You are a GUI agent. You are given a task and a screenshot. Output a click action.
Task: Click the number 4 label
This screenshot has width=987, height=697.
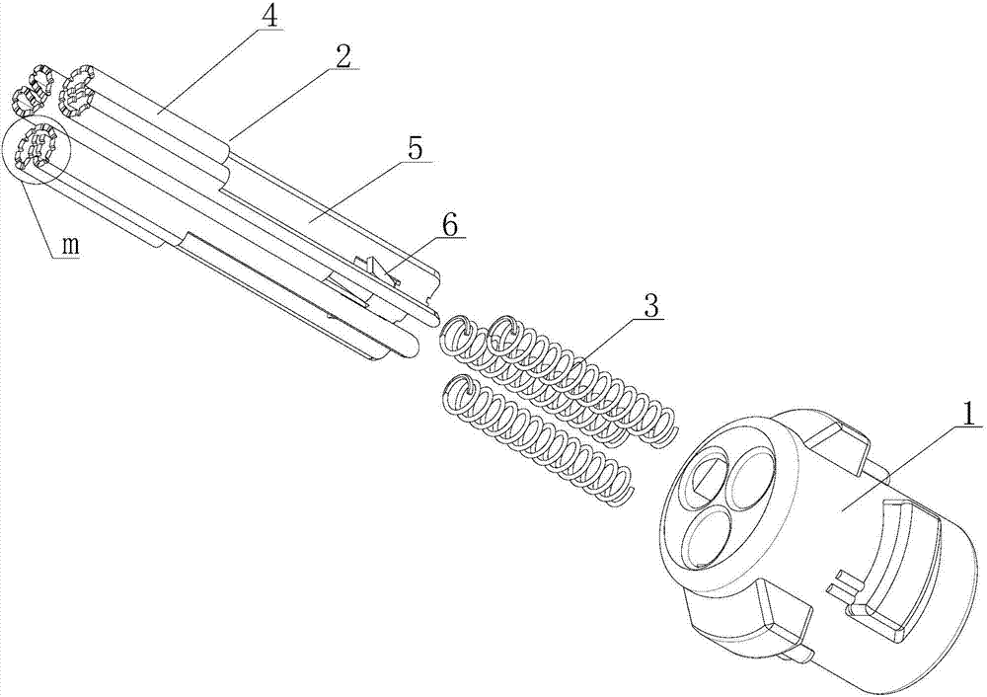269,17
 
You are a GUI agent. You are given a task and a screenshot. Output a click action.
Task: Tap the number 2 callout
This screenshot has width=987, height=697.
342,57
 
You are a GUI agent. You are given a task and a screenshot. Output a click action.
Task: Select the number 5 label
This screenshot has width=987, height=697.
416,150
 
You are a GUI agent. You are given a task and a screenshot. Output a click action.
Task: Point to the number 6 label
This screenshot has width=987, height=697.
451,225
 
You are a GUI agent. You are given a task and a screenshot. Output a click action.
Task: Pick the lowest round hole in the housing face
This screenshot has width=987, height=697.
709,538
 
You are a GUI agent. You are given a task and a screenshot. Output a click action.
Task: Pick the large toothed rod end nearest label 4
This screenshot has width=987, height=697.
76,91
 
